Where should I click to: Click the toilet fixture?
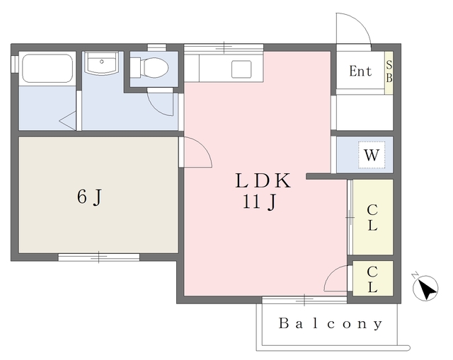pos(149,68)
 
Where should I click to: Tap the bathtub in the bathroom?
pos(47,69)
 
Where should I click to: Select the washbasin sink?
pos(101,64)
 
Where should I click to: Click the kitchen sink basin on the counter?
pos(241,69)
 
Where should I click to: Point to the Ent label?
pos(360,71)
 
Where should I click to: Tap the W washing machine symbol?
pos(372,155)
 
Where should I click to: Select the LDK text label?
pos(263,181)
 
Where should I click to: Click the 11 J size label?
pos(260,202)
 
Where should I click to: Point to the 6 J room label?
pos(90,197)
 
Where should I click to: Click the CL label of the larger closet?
pos(372,218)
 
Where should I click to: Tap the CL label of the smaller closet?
pos(372,279)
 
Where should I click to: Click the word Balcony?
pos(331,324)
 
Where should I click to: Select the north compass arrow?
pos(426,287)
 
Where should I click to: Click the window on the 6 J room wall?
pos(99,257)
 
